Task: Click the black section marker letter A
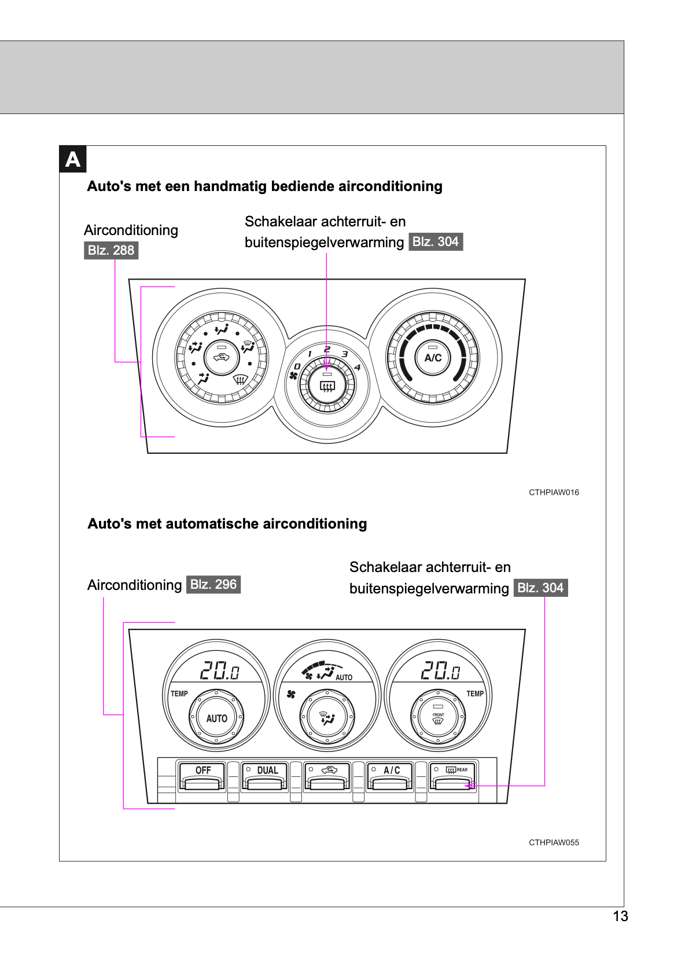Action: (x=73, y=159)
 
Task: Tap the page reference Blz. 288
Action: (x=111, y=251)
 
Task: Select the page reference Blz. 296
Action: (x=213, y=584)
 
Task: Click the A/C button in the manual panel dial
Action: (x=433, y=357)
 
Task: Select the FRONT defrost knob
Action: (x=438, y=717)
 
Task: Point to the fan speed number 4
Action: (x=358, y=368)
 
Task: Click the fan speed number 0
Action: (x=297, y=366)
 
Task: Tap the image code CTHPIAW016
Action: (x=554, y=493)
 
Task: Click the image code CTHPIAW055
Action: (x=554, y=842)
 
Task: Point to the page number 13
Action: (x=620, y=916)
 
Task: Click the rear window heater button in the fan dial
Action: (x=327, y=385)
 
